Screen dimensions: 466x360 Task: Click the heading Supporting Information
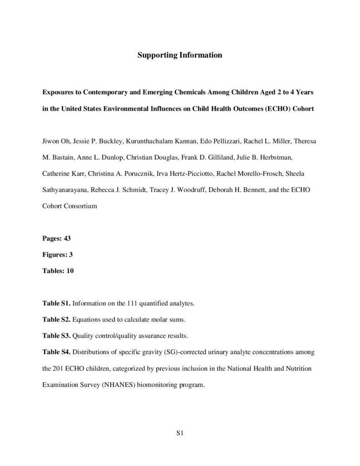click(x=180, y=56)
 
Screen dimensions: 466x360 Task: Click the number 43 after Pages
click(x=67, y=238)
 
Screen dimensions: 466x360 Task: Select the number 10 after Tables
click(x=70, y=271)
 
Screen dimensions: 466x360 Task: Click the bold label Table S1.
click(x=56, y=303)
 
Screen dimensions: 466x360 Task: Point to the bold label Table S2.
click(x=56, y=319)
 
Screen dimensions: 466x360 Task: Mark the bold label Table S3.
click(x=56, y=336)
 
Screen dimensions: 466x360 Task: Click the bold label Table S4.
click(x=56, y=352)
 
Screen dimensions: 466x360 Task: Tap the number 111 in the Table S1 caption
click(x=132, y=303)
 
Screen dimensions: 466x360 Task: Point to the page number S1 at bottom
click(x=179, y=432)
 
